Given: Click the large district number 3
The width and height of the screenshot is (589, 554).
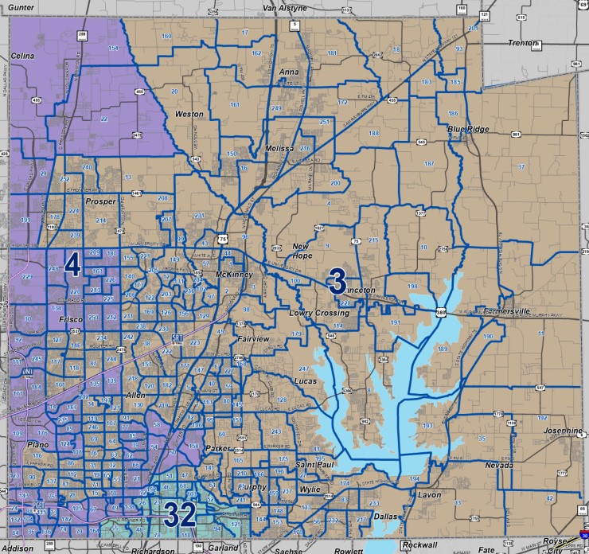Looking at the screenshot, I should pos(337,281).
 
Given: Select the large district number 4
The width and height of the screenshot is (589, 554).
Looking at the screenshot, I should pos(72,264).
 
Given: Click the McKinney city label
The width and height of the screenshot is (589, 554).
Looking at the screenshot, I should pos(234,275).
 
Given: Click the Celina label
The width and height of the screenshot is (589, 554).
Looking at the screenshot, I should pos(25,56).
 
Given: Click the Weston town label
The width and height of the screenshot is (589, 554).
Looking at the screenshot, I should pos(189,114).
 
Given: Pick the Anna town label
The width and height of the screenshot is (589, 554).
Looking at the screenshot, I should pos(290,71).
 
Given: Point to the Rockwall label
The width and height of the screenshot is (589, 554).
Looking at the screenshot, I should pos(420,544).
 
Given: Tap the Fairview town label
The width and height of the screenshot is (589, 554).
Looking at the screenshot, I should pos(255,339).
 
